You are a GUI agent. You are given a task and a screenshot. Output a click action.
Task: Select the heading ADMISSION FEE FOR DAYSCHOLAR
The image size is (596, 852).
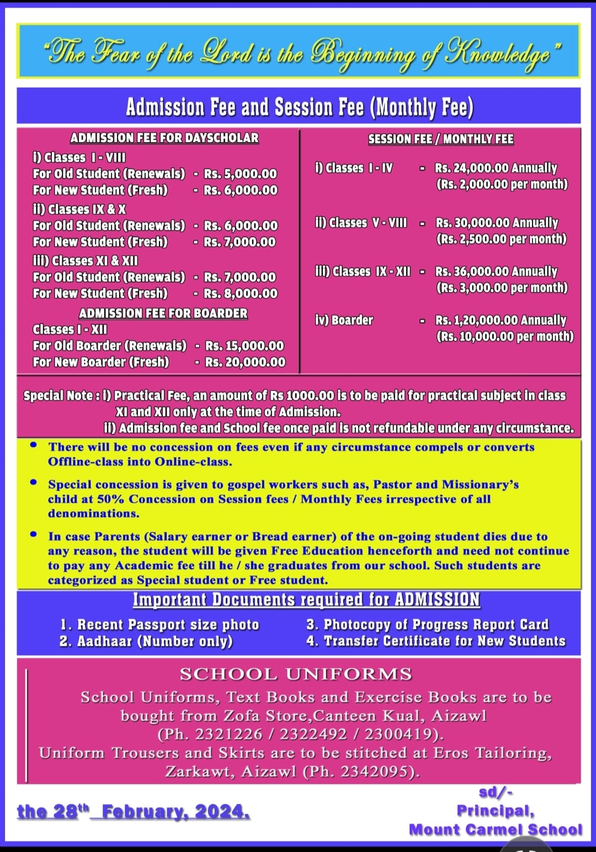point(164,138)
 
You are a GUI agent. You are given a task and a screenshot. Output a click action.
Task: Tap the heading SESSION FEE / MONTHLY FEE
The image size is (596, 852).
point(440,139)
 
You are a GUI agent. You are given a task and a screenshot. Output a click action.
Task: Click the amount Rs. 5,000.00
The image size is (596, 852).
point(241,174)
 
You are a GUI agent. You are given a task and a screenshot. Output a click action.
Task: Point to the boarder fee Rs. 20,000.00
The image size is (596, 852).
point(246,362)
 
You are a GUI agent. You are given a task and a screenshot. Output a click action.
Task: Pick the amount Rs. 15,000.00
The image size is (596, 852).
point(244,346)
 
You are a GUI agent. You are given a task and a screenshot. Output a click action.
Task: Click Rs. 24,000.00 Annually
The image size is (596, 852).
point(496,168)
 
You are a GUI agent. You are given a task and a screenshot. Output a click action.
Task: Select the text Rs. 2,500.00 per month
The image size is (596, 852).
point(501,239)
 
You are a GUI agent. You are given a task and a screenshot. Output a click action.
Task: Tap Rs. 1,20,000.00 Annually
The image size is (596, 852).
point(501,320)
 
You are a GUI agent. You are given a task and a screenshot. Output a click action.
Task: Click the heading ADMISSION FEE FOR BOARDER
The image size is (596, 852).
point(163,313)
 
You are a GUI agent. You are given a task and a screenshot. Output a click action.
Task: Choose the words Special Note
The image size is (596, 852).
point(57,396)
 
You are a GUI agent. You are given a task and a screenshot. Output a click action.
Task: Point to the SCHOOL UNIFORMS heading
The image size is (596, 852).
point(296,675)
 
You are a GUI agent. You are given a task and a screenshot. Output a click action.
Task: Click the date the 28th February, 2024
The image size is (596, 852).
point(133,812)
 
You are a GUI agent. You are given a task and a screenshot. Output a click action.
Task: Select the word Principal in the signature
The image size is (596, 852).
point(495,811)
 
